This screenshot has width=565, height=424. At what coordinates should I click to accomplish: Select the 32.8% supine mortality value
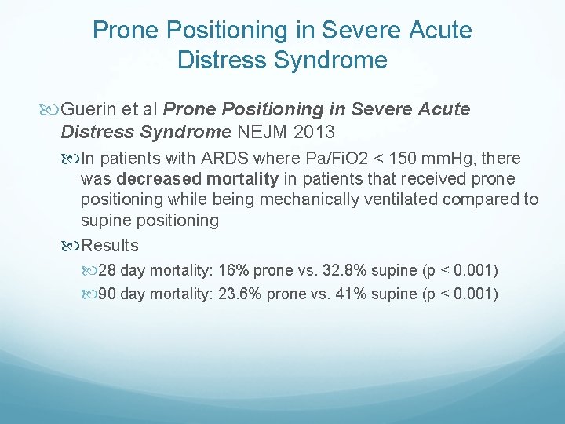point(342,271)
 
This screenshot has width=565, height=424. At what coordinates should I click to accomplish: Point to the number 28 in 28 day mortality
point(108,271)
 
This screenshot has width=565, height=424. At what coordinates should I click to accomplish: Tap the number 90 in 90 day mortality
point(108,295)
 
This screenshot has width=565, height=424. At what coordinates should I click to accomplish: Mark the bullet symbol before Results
point(72,246)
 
